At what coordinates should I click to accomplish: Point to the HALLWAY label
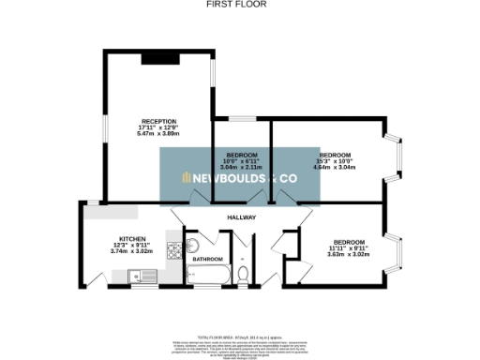coord(242,218)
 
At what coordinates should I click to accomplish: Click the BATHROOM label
coord(208,259)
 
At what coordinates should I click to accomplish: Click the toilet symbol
coord(244,274)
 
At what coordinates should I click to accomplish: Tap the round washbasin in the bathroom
coord(193,246)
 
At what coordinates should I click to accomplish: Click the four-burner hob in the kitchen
coord(172,251)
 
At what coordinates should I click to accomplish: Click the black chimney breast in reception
coord(155,59)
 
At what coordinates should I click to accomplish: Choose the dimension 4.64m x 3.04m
coord(336,167)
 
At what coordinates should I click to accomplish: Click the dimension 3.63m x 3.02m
coord(349,253)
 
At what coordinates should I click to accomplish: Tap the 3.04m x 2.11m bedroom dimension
coord(242,167)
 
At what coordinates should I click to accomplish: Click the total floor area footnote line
coord(241,335)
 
